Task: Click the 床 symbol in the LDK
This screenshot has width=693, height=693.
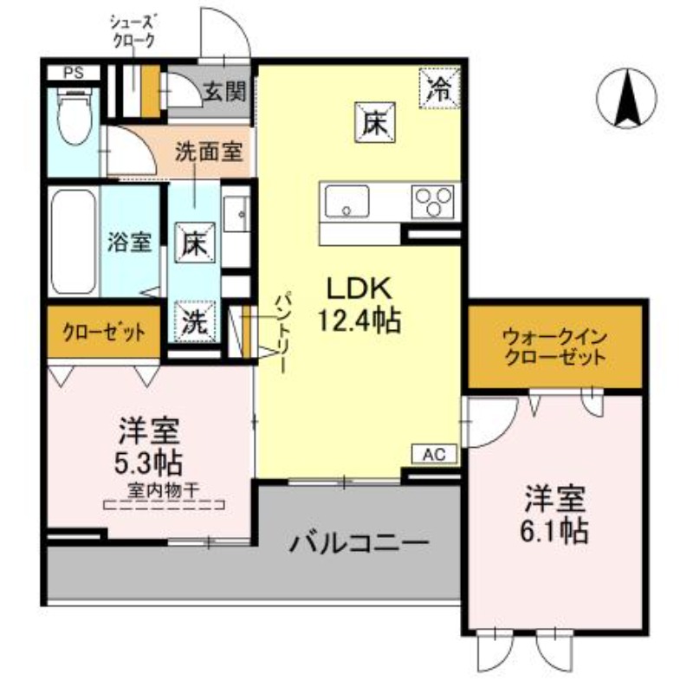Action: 374,121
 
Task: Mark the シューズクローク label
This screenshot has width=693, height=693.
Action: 133,29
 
